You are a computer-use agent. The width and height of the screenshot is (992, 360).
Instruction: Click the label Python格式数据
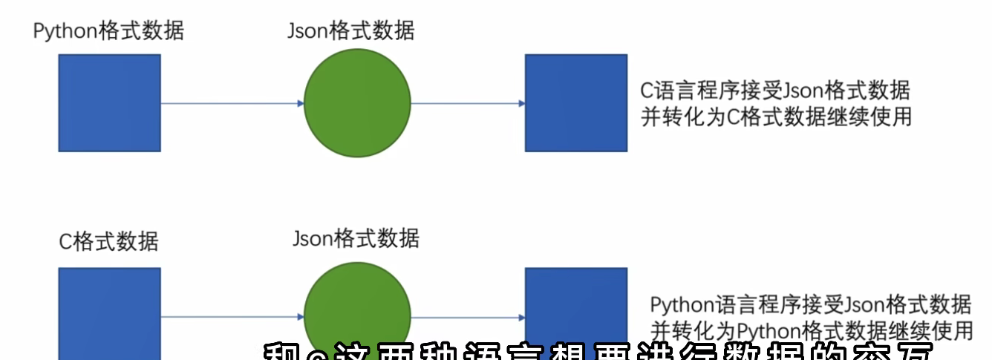tap(108, 31)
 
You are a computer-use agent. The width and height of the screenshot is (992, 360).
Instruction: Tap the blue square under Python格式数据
tap(109, 102)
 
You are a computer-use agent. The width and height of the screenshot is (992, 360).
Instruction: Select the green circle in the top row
tap(357, 103)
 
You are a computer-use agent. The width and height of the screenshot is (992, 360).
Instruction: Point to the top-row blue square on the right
tap(575, 102)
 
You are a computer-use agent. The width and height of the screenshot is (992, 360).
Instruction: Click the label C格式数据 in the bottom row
tap(108, 242)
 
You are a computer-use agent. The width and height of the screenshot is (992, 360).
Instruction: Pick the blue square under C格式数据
tap(109, 312)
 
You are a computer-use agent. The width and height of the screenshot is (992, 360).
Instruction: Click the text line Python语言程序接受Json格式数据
tap(810, 304)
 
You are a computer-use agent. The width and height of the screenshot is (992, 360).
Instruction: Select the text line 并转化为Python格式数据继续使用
tap(810, 329)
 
